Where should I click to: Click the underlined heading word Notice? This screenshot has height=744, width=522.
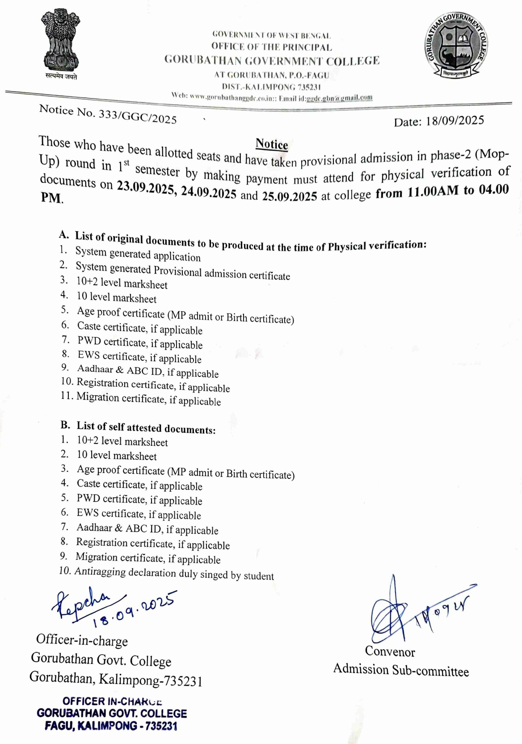click(x=272, y=144)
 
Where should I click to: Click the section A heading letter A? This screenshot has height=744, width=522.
click(x=64, y=235)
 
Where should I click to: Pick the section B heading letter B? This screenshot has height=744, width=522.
click(x=65, y=425)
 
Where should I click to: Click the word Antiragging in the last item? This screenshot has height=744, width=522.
click(x=101, y=572)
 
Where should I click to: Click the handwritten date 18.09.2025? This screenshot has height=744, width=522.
click(x=134, y=609)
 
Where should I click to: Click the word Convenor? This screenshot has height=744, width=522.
click(x=390, y=651)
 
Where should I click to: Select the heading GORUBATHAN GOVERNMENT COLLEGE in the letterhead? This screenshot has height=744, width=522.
click(x=272, y=60)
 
